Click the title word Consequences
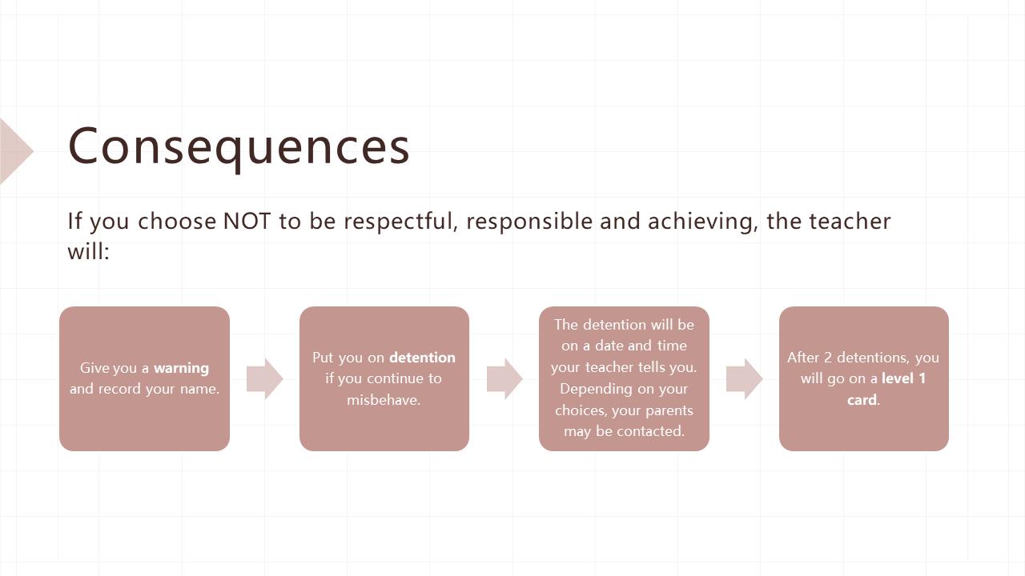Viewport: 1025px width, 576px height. click(x=239, y=147)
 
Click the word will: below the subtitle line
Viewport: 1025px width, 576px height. click(x=88, y=251)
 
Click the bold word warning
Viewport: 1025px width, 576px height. click(x=181, y=368)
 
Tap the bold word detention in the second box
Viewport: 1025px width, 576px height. click(x=422, y=357)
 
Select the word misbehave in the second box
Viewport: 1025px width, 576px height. click(x=384, y=399)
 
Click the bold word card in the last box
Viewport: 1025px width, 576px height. click(x=862, y=400)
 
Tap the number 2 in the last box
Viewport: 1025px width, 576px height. click(x=828, y=357)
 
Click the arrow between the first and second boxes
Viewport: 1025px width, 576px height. click(x=265, y=379)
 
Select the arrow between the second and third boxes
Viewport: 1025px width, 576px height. click(x=504, y=379)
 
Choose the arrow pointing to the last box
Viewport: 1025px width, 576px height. click(x=745, y=379)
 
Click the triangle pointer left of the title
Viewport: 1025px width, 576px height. click(x=14, y=151)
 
